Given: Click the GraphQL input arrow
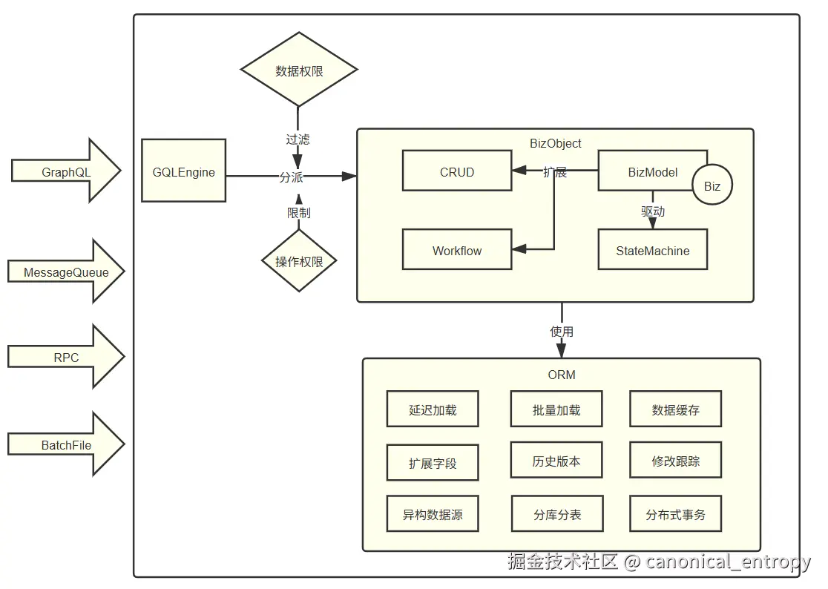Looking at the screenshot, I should click(65, 171).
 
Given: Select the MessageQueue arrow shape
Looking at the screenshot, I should click(65, 272).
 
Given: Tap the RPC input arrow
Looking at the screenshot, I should click(65, 357).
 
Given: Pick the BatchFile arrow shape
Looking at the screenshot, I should click(65, 444).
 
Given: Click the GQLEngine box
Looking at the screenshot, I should click(183, 171).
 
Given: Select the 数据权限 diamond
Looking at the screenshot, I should click(299, 70).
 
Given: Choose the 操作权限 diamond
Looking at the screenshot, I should click(299, 261).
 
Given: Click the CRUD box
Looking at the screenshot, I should click(456, 171).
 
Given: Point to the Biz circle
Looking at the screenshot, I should click(712, 185).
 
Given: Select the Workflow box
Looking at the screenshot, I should click(456, 250).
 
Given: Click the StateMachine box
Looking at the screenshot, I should click(652, 250).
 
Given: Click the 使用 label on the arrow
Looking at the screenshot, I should click(562, 331).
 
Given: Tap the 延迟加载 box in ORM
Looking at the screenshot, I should click(432, 409).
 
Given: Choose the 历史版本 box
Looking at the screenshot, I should click(556, 461).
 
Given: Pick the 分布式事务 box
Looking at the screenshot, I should click(675, 514).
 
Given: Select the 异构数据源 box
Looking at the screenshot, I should click(432, 514).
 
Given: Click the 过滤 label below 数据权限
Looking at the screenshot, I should click(298, 139).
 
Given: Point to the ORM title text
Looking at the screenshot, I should click(562, 374).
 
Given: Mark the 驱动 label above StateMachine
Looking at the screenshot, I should click(653, 211).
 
